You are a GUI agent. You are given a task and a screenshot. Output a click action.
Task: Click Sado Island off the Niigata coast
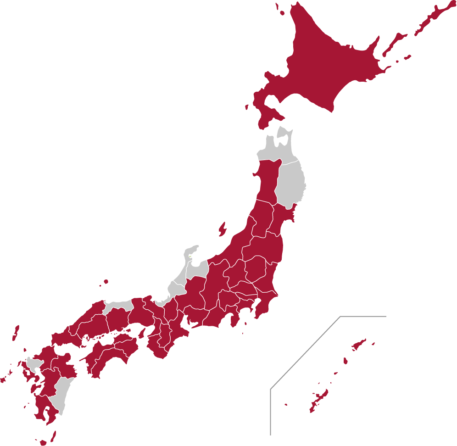223,229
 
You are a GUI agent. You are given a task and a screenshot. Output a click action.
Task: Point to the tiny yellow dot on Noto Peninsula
190,256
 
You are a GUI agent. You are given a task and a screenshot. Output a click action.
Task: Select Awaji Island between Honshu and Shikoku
142,333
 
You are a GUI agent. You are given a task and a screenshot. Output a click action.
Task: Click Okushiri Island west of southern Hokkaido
246,107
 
